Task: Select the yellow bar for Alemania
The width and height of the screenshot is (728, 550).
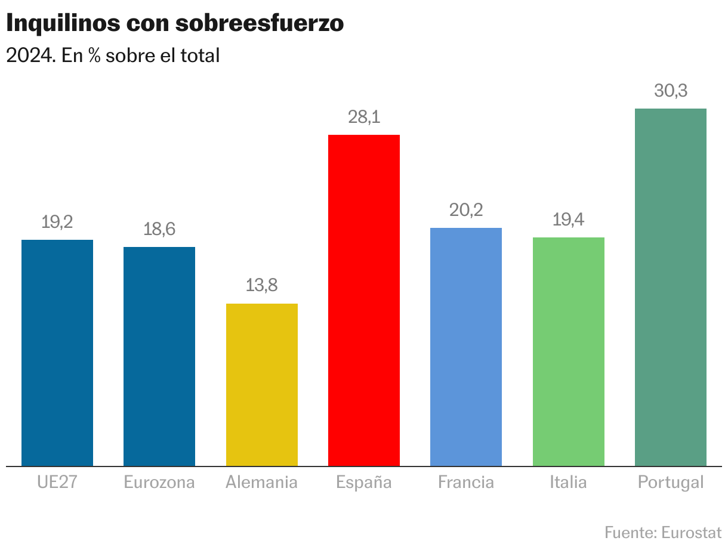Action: tap(262, 385)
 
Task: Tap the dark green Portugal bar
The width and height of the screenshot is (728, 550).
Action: tap(670, 287)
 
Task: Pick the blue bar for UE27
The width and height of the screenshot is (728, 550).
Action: tap(57, 353)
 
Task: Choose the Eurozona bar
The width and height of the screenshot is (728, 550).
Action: tap(159, 356)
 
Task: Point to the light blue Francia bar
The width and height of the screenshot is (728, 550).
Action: tap(466, 347)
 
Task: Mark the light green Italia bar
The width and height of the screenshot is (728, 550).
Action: tap(568, 351)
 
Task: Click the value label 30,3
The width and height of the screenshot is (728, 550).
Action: tap(671, 91)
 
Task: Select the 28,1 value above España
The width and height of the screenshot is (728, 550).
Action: tap(364, 118)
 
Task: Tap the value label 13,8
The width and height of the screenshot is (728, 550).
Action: tap(262, 286)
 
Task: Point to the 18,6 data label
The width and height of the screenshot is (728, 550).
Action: tap(159, 230)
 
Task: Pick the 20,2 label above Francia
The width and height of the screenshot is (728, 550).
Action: tap(466, 211)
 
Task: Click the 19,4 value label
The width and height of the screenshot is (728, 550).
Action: tap(568, 220)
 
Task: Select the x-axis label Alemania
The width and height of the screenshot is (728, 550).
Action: tap(261, 482)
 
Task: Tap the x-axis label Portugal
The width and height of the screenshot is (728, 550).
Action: tap(671, 482)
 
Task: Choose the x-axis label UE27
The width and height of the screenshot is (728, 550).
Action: tap(57, 482)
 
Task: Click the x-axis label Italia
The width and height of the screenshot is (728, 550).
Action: tap(568, 482)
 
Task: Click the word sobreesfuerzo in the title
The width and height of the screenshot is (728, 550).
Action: tap(260, 23)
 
